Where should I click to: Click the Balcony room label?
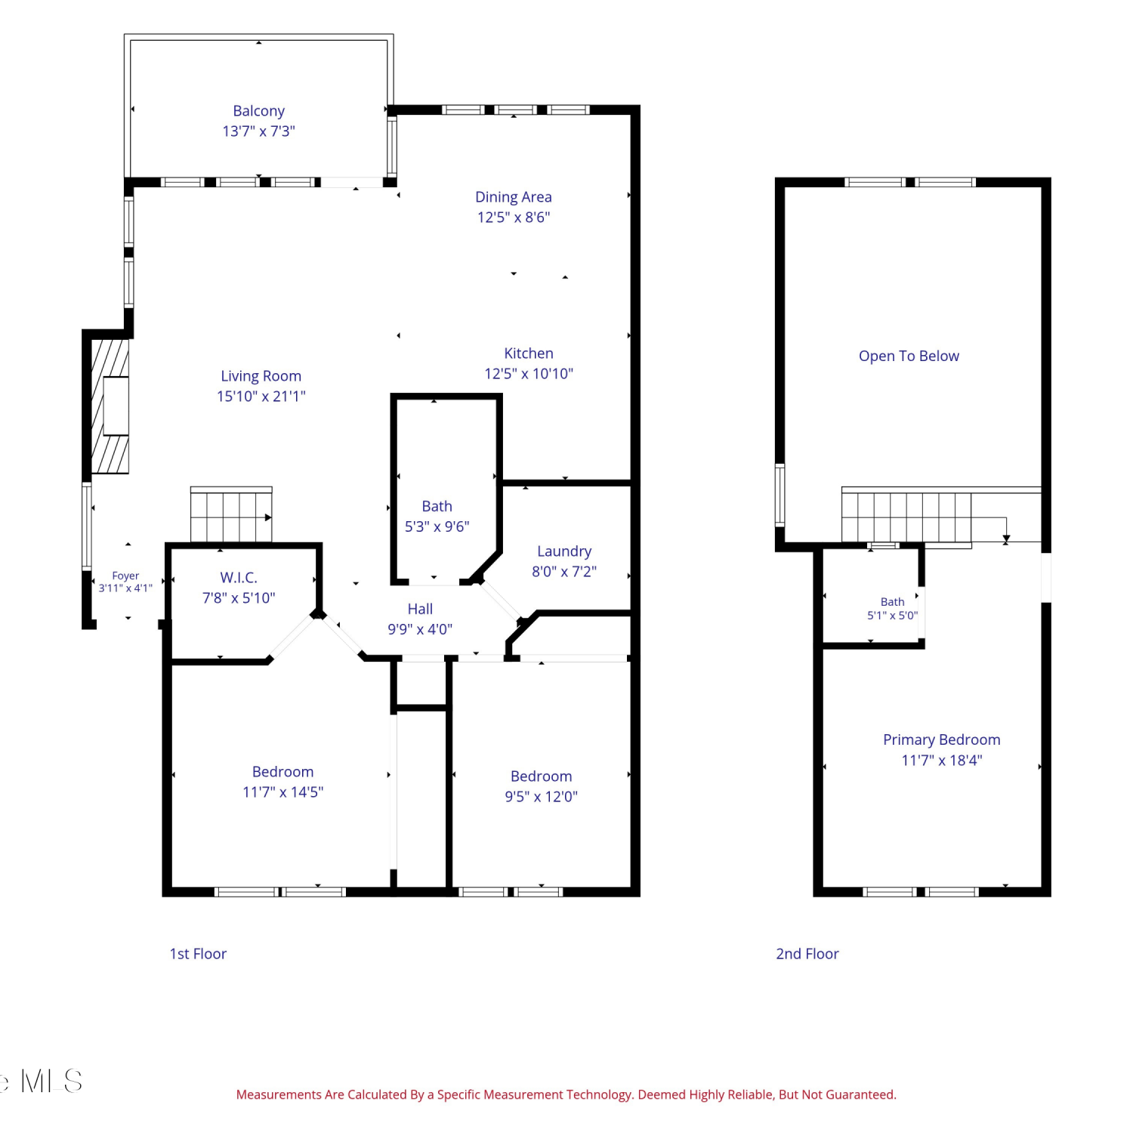point(258,111)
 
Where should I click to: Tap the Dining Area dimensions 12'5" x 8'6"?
point(514,218)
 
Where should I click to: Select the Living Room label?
point(261,376)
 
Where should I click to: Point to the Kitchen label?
point(529,353)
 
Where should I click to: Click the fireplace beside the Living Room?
point(110,406)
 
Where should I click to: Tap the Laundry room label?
point(564,552)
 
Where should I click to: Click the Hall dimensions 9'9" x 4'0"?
point(420,629)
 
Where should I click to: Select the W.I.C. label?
point(239,578)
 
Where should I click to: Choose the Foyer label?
point(125,576)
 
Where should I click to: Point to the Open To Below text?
point(909,357)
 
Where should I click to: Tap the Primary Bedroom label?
point(941,740)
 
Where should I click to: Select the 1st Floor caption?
point(198,954)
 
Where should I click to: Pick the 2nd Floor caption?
point(807,954)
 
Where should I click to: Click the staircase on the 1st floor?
point(231,515)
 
